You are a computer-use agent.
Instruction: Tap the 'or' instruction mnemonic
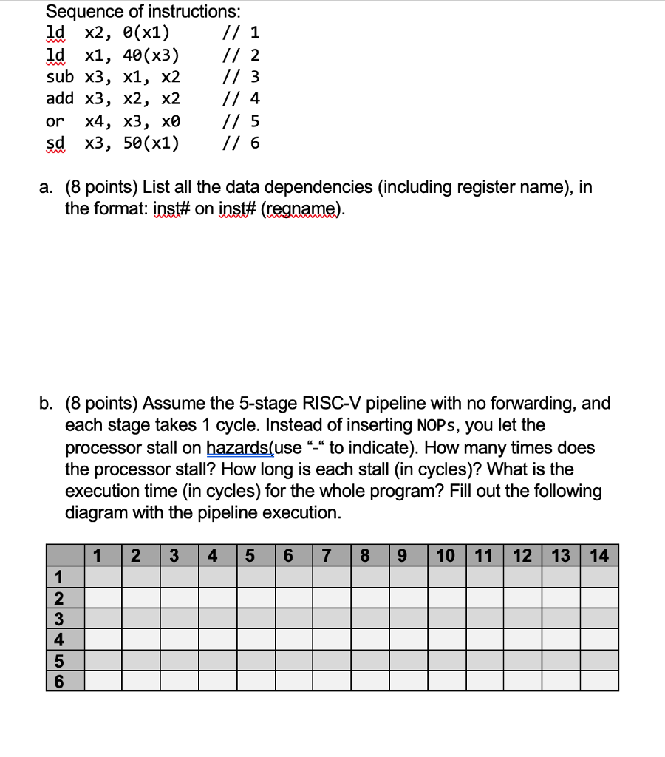55,120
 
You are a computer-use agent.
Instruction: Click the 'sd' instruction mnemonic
55,142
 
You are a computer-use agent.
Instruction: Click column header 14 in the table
599,555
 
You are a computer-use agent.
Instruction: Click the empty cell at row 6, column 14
599,681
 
